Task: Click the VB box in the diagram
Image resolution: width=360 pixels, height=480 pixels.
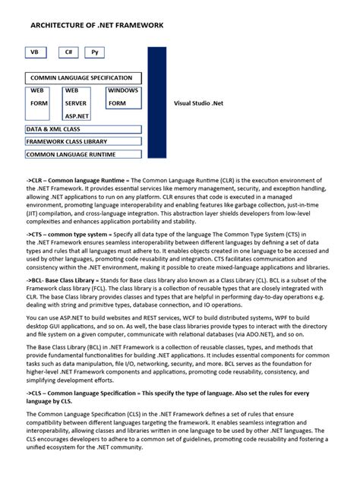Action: (34, 53)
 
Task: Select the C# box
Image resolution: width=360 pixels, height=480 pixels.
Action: (69, 53)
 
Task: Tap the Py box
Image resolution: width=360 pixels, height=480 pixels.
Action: (94, 53)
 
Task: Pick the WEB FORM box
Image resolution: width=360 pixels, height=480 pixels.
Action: (39, 96)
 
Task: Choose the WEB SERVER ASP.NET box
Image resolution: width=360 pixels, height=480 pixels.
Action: (79, 103)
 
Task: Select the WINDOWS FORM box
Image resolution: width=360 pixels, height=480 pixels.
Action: (123, 96)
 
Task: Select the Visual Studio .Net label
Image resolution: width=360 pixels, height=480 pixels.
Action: (198, 103)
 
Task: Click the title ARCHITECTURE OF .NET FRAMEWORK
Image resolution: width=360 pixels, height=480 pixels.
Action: (96, 25)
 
